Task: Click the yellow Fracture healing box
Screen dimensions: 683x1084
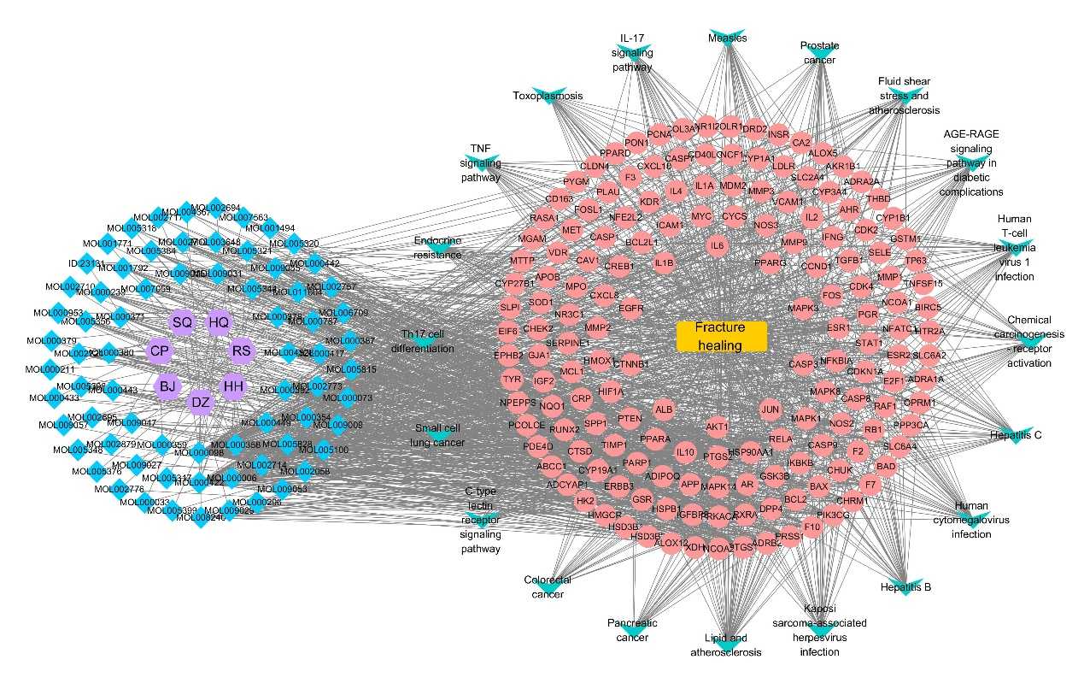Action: pyautogui.click(x=721, y=336)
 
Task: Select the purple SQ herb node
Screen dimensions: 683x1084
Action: pyautogui.click(x=182, y=322)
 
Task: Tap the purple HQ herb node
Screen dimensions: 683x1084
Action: pyautogui.click(x=220, y=322)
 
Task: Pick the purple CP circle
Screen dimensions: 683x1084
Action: pyautogui.click(x=159, y=350)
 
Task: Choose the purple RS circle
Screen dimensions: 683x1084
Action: pyautogui.click(x=243, y=350)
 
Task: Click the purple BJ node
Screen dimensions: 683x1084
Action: pyautogui.click(x=167, y=386)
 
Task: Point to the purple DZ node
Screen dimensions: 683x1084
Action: pyautogui.click(x=200, y=402)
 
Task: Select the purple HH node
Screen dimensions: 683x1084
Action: pyautogui.click(x=233, y=386)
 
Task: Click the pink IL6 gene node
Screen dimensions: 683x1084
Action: pyautogui.click(x=717, y=245)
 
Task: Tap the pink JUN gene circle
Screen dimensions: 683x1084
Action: pyautogui.click(x=771, y=409)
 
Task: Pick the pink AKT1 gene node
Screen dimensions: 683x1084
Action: pyautogui.click(x=717, y=426)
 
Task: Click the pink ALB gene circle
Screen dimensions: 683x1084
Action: pyautogui.click(x=664, y=409)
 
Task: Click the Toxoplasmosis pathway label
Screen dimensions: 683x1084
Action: pyautogui.click(x=548, y=96)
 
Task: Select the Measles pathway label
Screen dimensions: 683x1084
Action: pyautogui.click(x=728, y=38)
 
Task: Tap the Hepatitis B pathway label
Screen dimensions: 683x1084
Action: pyautogui.click(x=905, y=588)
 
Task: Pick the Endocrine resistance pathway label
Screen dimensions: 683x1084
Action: pyautogui.click(x=437, y=247)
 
